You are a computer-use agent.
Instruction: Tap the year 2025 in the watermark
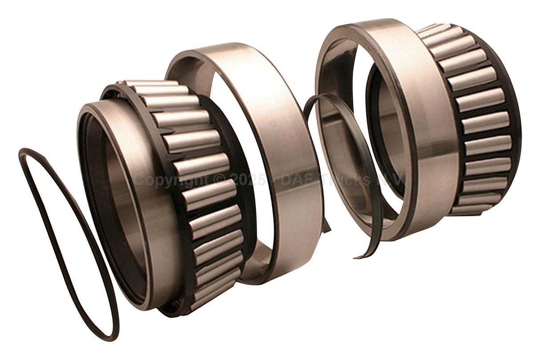pyautogui.click(x=242, y=180)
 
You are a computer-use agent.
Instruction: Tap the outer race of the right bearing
pyautogui.click(x=427, y=133)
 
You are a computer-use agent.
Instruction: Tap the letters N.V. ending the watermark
pyautogui.click(x=394, y=180)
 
